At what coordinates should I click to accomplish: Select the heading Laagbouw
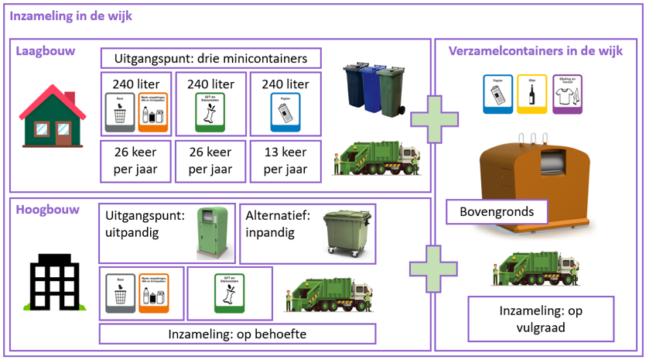(x=46, y=51)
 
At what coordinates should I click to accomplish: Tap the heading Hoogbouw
(x=47, y=209)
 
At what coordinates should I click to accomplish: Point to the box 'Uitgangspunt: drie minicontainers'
(x=210, y=59)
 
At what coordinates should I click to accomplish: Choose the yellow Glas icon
(x=531, y=94)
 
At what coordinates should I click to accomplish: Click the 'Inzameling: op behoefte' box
(x=237, y=334)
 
